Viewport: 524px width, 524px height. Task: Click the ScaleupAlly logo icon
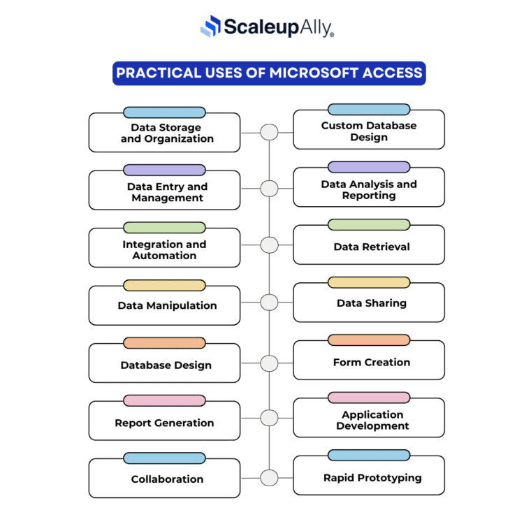(210, 27)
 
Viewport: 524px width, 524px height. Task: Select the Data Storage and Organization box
(164, 133)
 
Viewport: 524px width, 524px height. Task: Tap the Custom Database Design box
(368, 131)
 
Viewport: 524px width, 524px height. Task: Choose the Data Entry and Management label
(167, 192)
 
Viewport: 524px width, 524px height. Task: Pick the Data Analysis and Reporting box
(368, 189)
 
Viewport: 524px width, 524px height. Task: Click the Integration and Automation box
(164, 249)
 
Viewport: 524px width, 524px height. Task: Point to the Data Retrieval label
(372, 247)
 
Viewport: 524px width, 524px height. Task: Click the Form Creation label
(372, 362)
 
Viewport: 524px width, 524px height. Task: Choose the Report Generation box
(164, 423)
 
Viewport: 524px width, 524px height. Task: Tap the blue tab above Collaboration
(164, 458)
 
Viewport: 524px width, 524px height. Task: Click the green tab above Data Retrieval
(368, 225)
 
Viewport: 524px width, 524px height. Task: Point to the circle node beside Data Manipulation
(269, 303)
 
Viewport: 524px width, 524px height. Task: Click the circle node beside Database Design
(269, 363)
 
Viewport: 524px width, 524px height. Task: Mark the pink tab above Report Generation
(164, 400)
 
